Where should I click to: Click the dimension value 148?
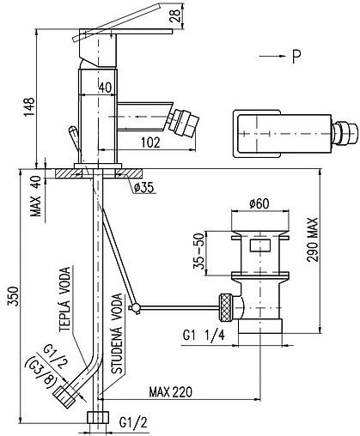coord(29,106)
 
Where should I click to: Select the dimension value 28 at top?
coord(175,15)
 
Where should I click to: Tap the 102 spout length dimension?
coord(150,142)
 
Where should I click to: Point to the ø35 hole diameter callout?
coord(143,188)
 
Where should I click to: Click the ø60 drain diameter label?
coord(259,204)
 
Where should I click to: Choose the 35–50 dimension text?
coord(199,251)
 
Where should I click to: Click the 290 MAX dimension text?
coord(313,239)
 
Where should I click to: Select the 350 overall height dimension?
coord(15,296)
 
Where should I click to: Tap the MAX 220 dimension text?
coord(171,392)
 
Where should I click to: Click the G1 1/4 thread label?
coord(204,335)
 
